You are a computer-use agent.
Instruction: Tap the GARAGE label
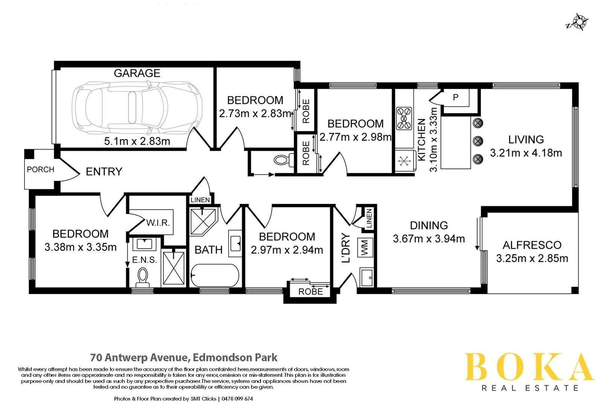(x=137, y=73)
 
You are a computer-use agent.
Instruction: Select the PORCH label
(x=40, y=170)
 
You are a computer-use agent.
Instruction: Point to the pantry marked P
(x=456, y=98)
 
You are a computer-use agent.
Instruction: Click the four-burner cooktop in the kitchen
(x=404, y=118)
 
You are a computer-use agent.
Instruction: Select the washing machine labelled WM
(x=364, y=248)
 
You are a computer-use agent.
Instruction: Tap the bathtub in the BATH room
(x=215, y=275)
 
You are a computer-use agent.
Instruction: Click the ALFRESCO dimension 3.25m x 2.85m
(x=532, y=259)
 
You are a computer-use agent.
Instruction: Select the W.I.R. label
(x=158, y=223)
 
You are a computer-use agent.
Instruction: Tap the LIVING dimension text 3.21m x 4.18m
(x=526, y=153)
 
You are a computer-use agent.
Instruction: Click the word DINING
(x=429, y=225)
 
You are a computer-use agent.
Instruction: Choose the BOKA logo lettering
(x=529, y=367)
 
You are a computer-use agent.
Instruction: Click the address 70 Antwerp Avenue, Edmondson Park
(x=184, y=357)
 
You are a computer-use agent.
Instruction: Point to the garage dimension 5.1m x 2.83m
(x=137, y=141)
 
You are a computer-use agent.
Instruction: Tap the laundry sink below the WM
(x=366, y=278)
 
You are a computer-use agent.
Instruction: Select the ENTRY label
(x=104, y=172)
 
